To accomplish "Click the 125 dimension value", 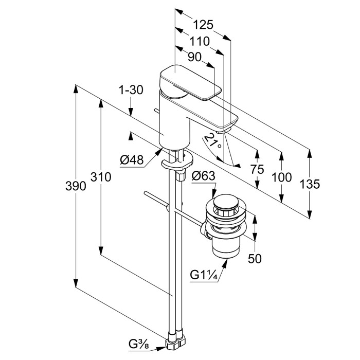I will point(203,25).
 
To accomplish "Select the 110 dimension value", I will point(199,41).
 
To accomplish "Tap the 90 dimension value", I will point(194,57).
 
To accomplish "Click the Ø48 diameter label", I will point(132,160).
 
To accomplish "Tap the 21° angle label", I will point(212,140).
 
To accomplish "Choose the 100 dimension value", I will point(281,177).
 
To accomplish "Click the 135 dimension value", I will point(310,184).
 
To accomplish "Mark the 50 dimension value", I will point(255,259).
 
